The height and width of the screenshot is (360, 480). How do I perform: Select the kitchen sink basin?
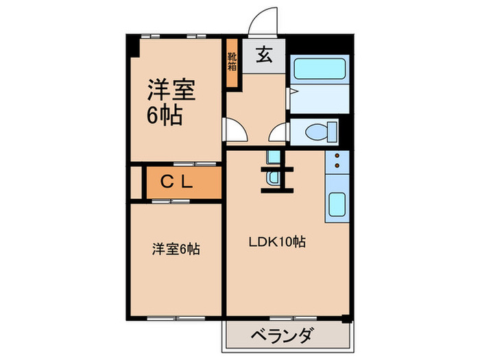pyautogui.click(x=337, y=205)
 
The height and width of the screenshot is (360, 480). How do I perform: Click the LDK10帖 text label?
pyautogui.click(x=277, y=241)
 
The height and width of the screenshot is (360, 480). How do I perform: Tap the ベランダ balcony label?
pyautogui.click(x=282, y=336)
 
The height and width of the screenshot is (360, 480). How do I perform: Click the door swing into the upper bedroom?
pyautogui.click(x=233, y=130)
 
